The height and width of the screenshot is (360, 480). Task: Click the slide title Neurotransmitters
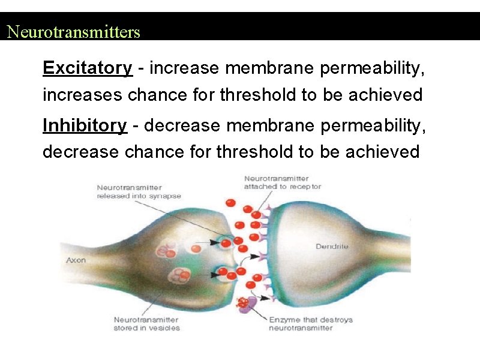[73, 32]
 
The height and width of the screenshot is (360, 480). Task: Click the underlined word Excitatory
[87, 68]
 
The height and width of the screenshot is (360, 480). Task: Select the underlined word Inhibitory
[85, 125]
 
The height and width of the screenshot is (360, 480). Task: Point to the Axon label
[76, 260]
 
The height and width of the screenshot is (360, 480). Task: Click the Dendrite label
[331, 247]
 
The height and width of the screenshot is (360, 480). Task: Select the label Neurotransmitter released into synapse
[139, 192]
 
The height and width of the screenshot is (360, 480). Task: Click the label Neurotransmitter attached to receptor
[282, 182]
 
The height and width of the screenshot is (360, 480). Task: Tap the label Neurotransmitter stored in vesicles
[147, 324]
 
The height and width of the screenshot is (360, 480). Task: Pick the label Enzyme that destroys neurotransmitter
[310, 324]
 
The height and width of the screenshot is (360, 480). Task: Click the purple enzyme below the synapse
[250, 304]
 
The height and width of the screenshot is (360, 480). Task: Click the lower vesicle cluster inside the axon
[179, 277]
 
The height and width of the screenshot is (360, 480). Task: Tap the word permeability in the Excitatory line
[372, 68]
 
